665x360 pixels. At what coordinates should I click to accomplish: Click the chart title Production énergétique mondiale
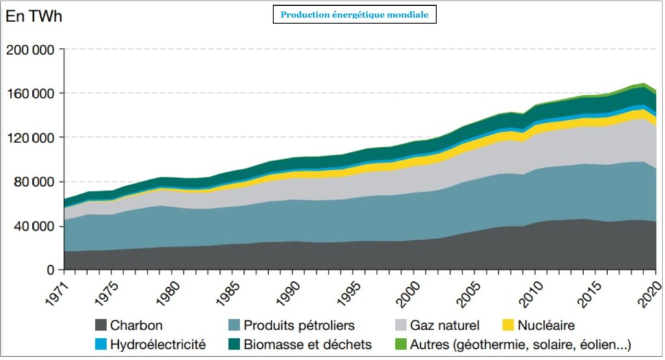pos(354,15)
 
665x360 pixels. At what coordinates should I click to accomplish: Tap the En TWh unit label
pos(34,17)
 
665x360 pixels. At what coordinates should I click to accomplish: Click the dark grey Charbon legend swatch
pos(100,326)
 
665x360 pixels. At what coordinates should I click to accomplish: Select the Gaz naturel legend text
pos(445,326)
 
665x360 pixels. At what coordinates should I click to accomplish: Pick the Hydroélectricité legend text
pos(158,344)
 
